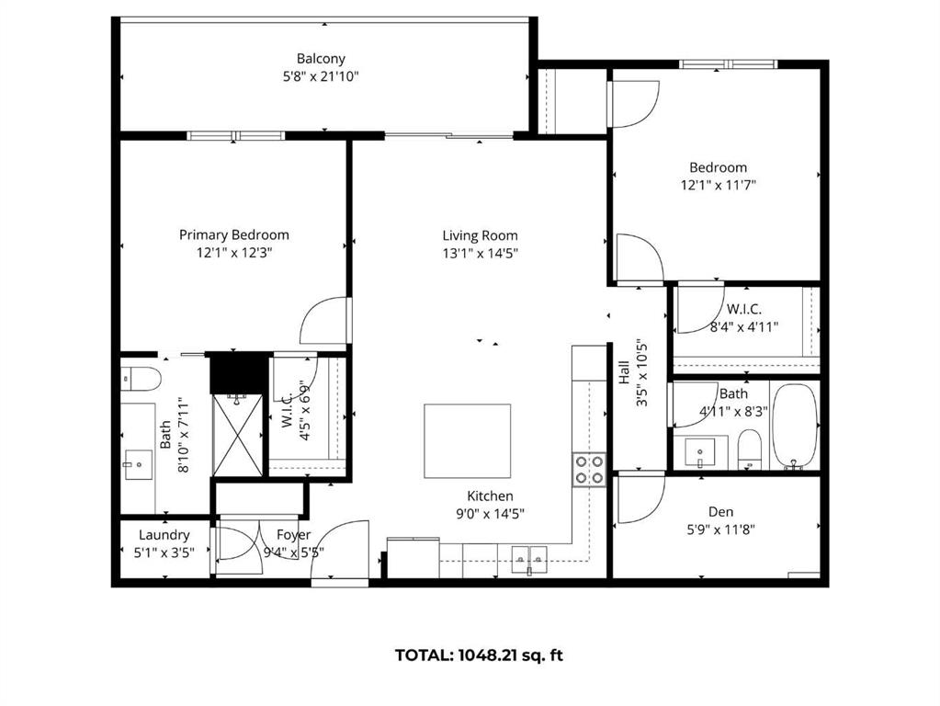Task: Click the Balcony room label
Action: coord(321,59)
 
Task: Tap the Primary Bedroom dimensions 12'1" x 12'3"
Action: coord(234,253)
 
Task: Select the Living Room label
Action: coord(480,235)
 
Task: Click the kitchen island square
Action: coord(468,441)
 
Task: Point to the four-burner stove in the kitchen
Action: coord(589,470)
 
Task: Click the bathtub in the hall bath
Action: coord(794,427)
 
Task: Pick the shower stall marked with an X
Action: coord(238,435)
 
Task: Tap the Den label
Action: coord(720,512)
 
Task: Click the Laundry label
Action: coord(164,535)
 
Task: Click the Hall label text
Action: coord(624,372)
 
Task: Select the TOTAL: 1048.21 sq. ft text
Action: coord(479,655)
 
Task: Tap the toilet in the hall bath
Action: coord(749,450)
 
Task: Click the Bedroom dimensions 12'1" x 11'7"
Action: coord(719,186)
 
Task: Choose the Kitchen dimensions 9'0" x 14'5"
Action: coord(490,514)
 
